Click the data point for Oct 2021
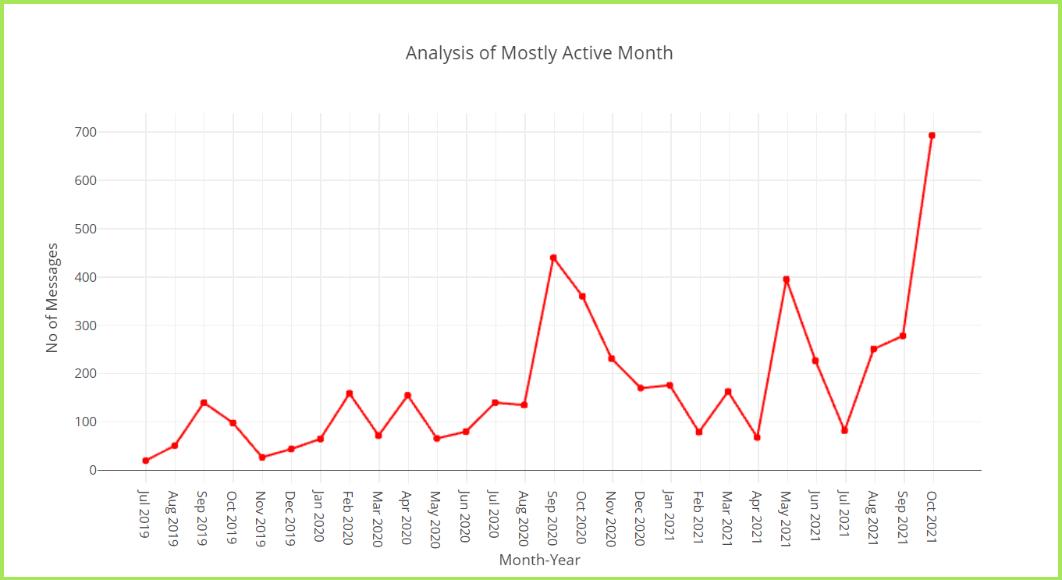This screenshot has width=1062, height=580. tap(932, 135)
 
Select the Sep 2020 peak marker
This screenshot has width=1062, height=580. tap(553, 258)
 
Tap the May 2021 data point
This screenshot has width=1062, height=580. tap(787, 279)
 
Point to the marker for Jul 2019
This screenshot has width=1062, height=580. tap(146, 461)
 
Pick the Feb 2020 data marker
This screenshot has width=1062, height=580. tap(350, 393)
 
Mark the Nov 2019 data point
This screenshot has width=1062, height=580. tap(262, 457)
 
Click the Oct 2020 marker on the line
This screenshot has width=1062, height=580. tap(582, 296)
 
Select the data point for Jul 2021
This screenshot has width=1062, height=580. tap(844, 430)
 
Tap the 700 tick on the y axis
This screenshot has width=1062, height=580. tap(87, 132)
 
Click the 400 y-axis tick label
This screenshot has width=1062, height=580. tap(87, 277)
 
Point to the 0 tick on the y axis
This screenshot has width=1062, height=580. tap(93, 470)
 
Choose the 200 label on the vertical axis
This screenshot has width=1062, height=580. tap(87, 373)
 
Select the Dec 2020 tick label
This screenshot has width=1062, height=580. tap(641, 518)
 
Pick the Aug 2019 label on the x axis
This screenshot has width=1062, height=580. tap(175, 518)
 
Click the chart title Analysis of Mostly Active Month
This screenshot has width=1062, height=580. tap(538, 53)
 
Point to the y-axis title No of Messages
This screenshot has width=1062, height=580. tap(52, 298)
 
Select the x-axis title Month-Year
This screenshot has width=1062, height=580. tap(539, 560)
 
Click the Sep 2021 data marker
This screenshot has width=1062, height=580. tap(903, 336)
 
